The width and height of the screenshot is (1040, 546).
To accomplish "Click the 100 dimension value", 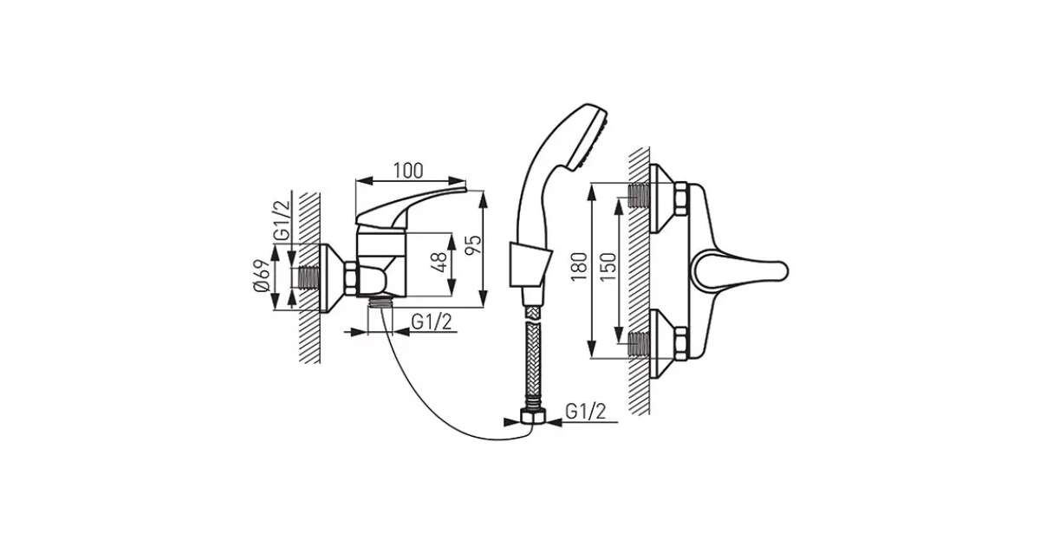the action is pos(408,171).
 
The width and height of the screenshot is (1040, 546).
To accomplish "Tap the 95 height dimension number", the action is pos(473,244).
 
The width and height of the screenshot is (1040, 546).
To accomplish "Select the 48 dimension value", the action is pos(439,263).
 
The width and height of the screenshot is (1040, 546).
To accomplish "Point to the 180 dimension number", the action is pos(579,267).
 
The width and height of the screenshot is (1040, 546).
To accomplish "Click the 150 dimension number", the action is pos(608,267).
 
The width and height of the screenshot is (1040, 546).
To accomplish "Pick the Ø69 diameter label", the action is pos(262,276).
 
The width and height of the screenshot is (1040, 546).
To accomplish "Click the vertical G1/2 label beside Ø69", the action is pos(282,219).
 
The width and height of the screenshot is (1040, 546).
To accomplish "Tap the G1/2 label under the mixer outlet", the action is pos(432,322).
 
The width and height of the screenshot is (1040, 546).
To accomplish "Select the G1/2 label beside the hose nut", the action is pos(586,412).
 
